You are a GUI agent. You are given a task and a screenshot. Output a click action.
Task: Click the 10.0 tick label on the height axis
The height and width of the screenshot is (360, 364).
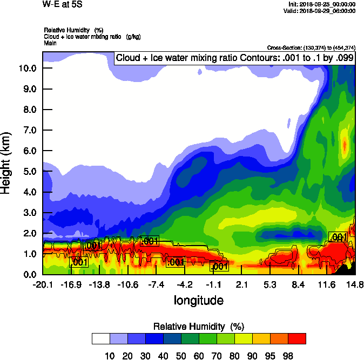click(27, 69)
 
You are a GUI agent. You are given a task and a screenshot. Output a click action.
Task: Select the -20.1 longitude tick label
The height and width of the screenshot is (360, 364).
click(43, 284)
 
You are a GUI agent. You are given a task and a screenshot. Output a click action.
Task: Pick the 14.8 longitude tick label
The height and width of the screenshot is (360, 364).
click(355, 284)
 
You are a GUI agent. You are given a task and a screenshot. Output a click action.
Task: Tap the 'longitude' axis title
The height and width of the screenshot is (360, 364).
click(198, 300)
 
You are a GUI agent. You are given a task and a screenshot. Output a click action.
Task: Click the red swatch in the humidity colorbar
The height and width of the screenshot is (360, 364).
click(296, 339)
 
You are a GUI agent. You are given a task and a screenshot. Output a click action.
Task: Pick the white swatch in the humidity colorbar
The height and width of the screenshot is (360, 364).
click(101, 339)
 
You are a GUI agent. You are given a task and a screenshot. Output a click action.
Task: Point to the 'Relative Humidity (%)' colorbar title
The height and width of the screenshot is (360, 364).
click(199, 327)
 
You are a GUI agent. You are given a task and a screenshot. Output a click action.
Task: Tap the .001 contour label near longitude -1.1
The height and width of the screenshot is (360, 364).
click(220, 266)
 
